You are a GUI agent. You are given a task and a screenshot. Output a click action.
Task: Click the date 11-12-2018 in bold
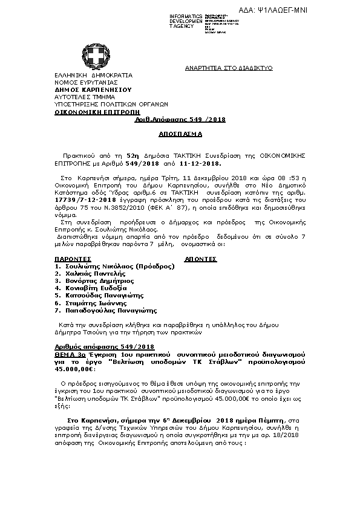[x=202, y=163]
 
